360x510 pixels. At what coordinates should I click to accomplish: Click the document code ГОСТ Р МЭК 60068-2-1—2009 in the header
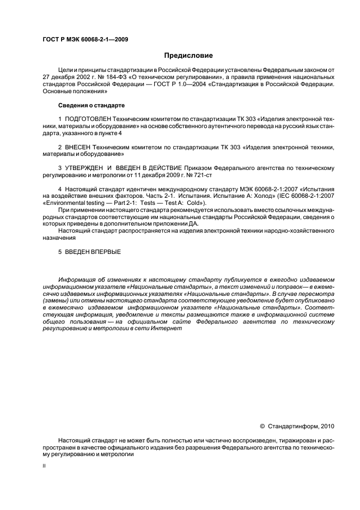tap(85, 39)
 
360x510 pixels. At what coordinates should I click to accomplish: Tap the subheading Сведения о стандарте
tap(91, 105)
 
